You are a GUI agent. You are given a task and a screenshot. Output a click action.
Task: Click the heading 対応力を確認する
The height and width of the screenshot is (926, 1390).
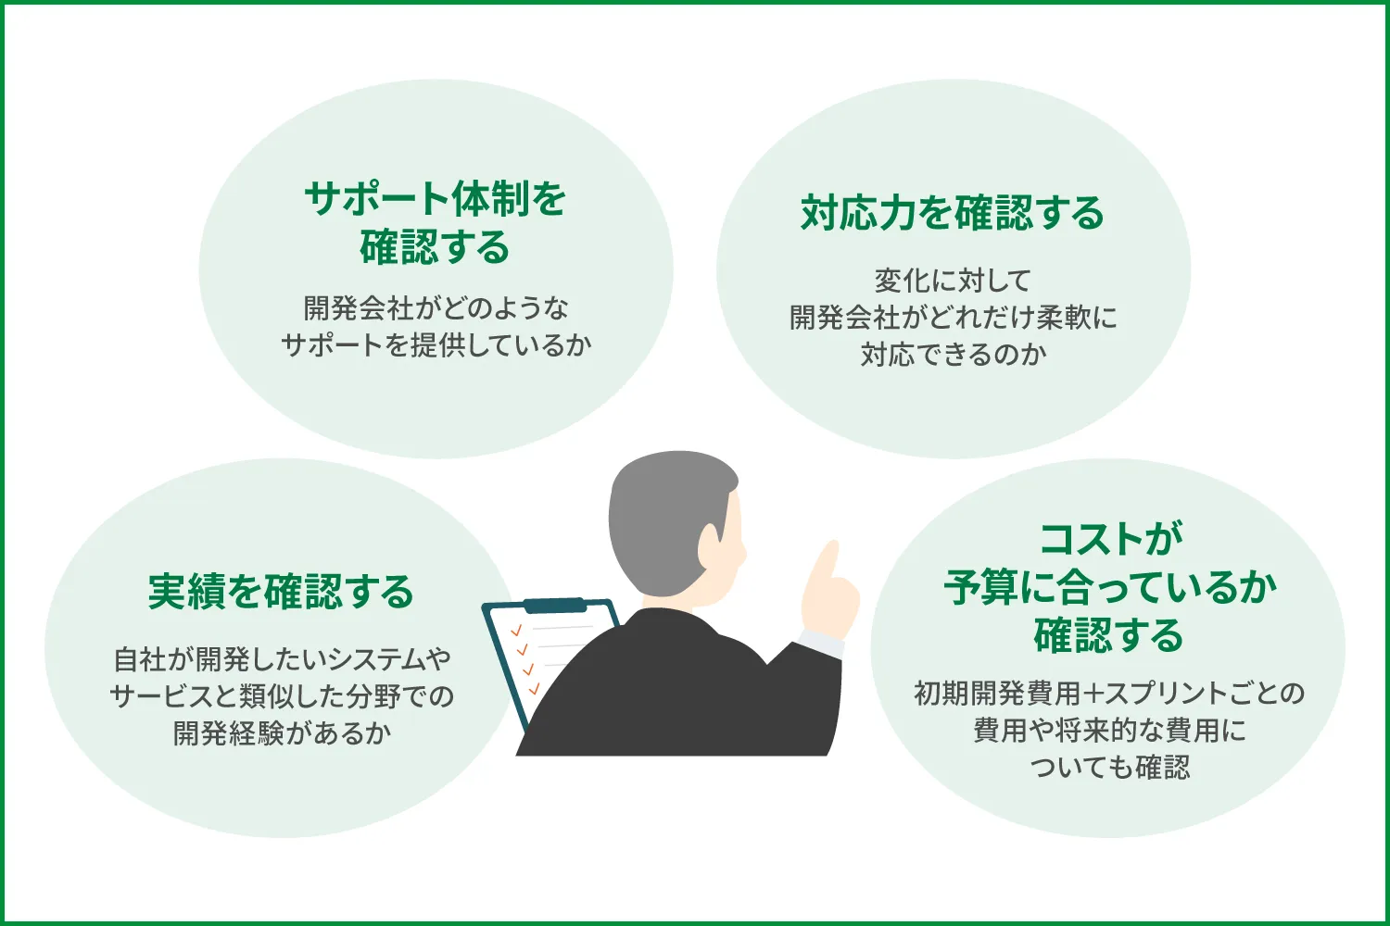point(953,214)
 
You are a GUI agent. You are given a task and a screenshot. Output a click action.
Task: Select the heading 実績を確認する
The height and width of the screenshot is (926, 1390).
point(281,592)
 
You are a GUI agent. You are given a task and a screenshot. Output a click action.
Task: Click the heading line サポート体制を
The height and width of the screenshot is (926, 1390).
point(436,199)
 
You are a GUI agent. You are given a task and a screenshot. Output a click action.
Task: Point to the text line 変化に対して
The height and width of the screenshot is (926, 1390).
point(953,281)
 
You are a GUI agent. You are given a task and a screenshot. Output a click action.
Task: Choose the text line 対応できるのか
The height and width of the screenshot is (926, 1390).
point(953,355)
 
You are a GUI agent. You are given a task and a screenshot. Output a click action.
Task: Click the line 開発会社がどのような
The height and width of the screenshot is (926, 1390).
point(436,308)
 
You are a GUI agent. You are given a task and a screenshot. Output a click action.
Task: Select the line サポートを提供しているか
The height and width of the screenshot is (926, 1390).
point(436,345)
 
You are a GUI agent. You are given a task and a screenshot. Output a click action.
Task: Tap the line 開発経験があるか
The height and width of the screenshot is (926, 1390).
point(282,733)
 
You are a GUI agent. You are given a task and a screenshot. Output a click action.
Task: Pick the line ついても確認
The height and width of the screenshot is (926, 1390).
point(1110,767)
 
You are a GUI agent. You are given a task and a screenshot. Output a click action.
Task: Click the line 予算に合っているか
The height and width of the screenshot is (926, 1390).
point(1110,588)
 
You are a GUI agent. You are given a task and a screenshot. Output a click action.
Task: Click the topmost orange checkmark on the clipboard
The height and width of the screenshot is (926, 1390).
point(516,631)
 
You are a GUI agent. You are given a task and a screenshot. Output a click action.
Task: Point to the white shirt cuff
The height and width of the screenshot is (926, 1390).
point(819,642)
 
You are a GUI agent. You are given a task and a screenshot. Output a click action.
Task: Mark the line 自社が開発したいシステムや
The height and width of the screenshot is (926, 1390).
point(282,659)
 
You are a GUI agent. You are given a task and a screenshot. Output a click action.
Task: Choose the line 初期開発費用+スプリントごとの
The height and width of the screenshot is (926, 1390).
point(1110,693)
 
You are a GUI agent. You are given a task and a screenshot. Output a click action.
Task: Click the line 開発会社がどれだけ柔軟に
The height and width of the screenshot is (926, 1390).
point(953,318)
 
